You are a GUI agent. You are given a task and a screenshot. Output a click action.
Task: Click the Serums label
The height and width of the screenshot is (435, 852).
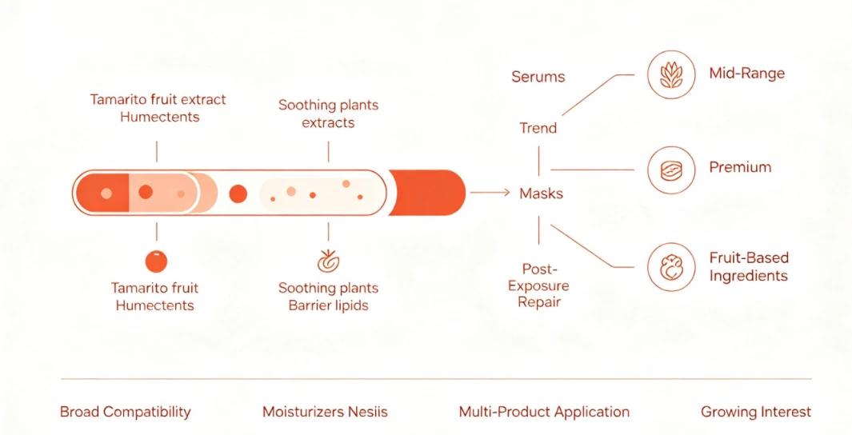pos(538,77)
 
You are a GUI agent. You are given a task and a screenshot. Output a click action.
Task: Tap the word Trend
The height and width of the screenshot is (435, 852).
pos(538,128)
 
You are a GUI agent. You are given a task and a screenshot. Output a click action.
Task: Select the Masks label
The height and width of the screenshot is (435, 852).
pos(541,194)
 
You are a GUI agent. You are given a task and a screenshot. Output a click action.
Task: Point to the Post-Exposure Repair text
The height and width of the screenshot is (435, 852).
pos(538,285)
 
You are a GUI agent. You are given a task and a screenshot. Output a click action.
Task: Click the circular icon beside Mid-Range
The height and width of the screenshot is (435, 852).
pos(671,75)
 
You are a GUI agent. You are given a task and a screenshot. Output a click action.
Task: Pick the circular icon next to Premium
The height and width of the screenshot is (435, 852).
pos(671,170)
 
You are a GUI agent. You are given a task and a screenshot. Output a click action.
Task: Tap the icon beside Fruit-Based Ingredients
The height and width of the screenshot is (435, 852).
pos(671,266)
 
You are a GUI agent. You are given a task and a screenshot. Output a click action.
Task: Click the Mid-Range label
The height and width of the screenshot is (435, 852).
pos(746,74)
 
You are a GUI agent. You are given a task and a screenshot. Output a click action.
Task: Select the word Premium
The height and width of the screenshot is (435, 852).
pos(740,167)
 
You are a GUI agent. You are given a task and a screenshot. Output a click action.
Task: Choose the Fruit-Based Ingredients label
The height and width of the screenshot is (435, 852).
pos(749,266)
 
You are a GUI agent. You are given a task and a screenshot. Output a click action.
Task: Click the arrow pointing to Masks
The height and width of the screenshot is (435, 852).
pos(490,192)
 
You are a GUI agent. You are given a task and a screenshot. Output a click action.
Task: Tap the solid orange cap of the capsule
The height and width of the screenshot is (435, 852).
pos(427,192)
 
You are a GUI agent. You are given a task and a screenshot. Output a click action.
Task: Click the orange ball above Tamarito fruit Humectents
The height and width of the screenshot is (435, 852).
pos(156,261)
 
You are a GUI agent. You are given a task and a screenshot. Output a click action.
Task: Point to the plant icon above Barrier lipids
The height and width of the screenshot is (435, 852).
pos(328,261)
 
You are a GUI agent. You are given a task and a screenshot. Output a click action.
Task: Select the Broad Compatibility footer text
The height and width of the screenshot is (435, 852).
pos(126,412)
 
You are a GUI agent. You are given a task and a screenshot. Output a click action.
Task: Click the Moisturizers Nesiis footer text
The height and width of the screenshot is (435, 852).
pos(325,412)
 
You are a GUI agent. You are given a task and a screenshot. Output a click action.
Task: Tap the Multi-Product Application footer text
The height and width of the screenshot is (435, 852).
pos(544,412)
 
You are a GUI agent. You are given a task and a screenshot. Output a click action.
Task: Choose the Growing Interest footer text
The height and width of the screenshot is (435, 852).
pos(756,412)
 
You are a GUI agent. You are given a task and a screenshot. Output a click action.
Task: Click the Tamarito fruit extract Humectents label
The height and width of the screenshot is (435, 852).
pos(158,108)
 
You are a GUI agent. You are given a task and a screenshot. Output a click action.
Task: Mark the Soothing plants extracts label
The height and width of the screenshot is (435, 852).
pos(328,114)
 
